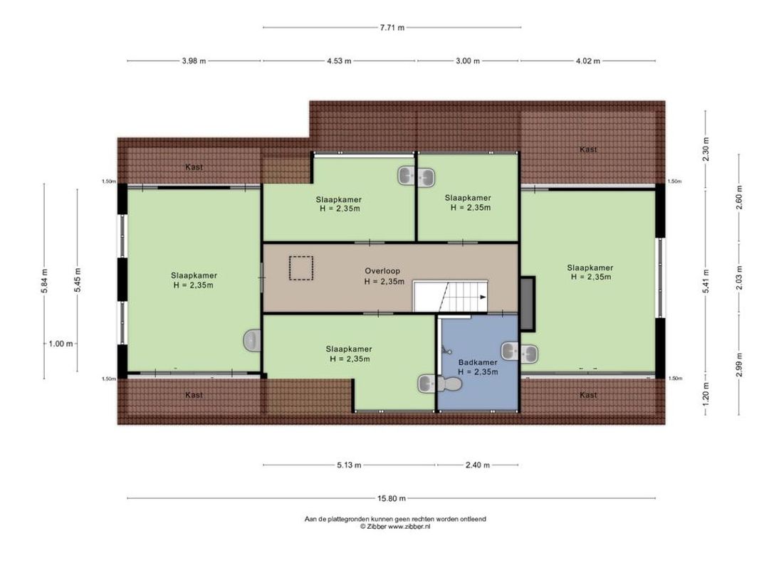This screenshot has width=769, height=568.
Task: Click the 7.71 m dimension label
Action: click(x=392, y=28)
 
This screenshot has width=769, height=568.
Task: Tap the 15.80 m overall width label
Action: click(x=392, y=498)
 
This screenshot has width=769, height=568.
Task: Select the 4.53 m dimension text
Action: click(x=339, y=61)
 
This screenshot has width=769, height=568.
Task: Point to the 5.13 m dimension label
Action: click(x=349, y=465)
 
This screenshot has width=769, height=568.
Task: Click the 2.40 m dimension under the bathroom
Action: click(x=477, y=465)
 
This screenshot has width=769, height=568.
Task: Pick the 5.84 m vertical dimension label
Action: click(x=44, y=281)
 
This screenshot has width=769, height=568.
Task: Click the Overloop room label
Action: click(x=382, y=271)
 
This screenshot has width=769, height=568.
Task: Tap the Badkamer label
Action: click(x=478, y=363)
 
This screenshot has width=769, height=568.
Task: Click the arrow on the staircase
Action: click(x=483, y=297)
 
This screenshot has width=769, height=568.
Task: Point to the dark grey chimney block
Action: click(x=527, y=303)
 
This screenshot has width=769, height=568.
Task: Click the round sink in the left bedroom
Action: click(x=252, y=341)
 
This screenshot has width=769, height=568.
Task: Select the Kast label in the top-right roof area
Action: click(x=588, y=149)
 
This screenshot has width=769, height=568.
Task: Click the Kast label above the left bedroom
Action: click(x=194, y=167)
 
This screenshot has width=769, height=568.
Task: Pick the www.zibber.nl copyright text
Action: click(x=395, y=526)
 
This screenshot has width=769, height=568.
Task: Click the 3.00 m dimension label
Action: click(x=468, y=61)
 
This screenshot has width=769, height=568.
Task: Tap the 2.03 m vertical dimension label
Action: click(x=739, y=278)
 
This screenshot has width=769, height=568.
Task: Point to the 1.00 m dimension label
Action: click(x=61, y=344)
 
